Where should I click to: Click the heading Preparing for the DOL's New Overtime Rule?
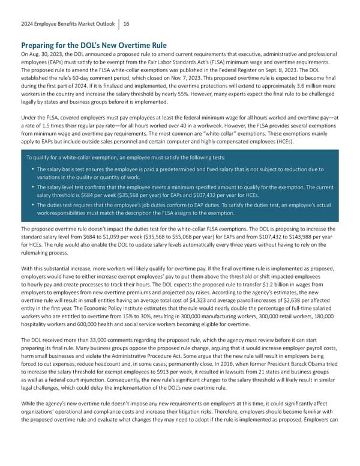click(x=94, y=46)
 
